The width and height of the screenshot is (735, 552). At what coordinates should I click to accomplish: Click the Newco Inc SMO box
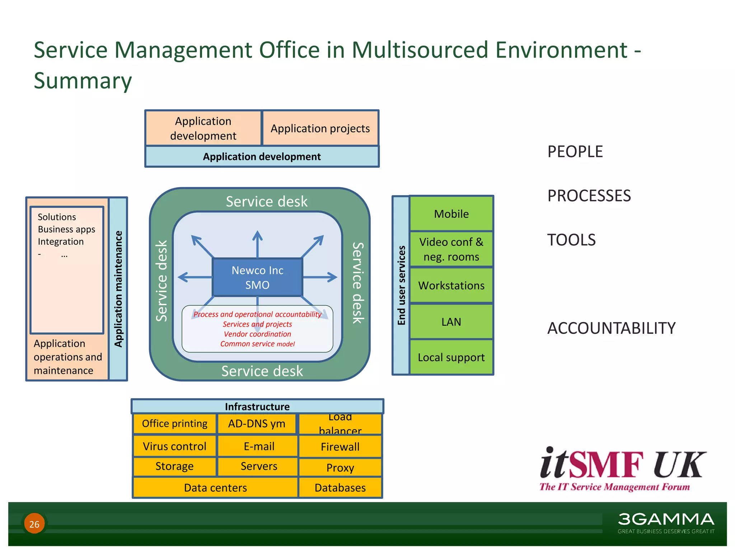[257, 277]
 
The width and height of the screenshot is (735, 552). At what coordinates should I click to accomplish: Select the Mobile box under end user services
[451, 214]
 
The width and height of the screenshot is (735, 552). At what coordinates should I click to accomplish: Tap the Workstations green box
[451, 285]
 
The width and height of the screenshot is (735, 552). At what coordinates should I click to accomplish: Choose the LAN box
[451, 322]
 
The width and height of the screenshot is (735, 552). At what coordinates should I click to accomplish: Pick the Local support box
[451, 357]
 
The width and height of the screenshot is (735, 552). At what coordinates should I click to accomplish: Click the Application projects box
[320, 128]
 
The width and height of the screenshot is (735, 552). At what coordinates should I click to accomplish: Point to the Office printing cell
[174, 424]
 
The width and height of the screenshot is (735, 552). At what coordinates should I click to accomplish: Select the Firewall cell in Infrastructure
[340, 447]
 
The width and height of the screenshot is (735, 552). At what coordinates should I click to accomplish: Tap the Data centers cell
[215, 488]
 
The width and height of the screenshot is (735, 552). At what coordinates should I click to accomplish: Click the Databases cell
[340, 488]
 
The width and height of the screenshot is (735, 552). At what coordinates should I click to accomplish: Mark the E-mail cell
[258, 446]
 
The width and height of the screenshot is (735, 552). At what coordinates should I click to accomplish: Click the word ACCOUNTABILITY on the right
[611, 328]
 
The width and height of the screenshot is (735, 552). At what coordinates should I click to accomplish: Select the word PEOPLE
[575, 152]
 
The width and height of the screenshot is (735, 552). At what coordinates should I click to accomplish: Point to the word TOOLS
[571, 240]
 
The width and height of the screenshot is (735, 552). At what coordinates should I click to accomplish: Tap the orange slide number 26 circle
[34, 524]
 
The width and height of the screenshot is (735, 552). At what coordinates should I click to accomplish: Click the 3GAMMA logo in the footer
[666, 522]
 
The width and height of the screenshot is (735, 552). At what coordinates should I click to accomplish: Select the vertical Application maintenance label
[118, 289]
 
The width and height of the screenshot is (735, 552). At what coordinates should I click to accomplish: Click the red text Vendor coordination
[257, 334]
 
